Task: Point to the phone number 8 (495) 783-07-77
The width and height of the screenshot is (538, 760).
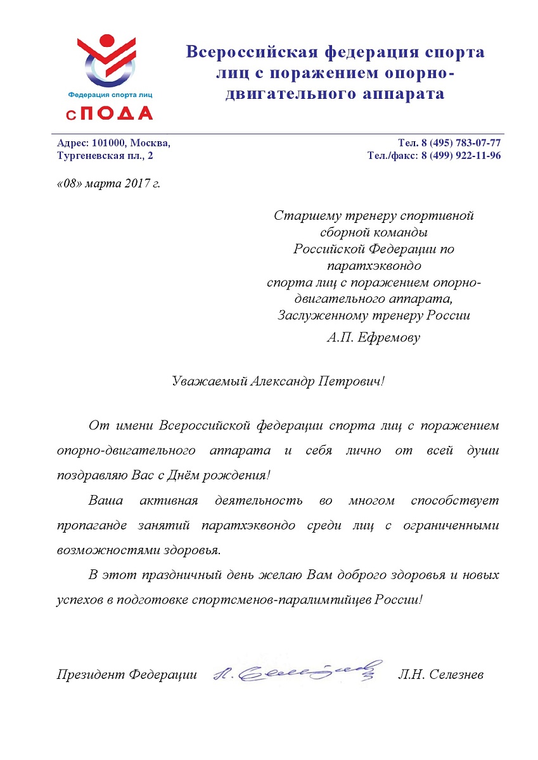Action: click(x=459, y=143)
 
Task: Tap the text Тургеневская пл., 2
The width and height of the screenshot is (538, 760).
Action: click(x=105, y=155)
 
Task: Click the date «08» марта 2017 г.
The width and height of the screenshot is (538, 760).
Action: click(x=108, y=184)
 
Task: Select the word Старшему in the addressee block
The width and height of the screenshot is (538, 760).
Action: click(x=302, y=215)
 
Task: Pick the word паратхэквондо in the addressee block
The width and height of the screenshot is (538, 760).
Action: click(x=374, y=265)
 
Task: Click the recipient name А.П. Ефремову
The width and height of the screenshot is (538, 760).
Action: click(x=374, y=337)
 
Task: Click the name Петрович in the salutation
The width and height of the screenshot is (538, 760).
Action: click(x=351, y=381)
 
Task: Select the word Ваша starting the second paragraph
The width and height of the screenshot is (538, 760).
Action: click(x=106, y=500)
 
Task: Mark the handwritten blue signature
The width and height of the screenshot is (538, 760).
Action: click(x=298, y=671)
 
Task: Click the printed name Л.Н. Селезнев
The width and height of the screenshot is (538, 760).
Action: click(x=441, y=674)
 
